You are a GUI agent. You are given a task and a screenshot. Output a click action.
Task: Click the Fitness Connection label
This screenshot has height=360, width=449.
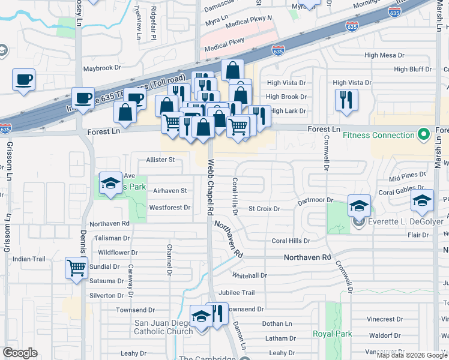click(379, 135)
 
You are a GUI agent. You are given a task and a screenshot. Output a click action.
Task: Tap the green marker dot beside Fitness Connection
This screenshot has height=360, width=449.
click(424, 134)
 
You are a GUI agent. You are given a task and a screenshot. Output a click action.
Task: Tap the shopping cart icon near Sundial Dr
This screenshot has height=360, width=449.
click(77, 268)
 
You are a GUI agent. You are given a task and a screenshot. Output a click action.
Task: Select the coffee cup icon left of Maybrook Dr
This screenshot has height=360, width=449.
click(23, 80)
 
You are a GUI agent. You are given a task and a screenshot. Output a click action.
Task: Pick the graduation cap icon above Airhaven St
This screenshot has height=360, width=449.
click(110, 185)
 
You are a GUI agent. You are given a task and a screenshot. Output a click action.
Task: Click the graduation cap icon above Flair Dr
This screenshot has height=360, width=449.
click(422, 201)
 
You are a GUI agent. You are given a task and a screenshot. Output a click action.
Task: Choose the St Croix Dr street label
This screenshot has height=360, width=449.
click(265, 209)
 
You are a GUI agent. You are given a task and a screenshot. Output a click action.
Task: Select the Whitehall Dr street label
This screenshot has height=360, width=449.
click(249, 275)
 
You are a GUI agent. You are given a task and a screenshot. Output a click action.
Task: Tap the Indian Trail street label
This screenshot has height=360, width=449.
click(29, 259)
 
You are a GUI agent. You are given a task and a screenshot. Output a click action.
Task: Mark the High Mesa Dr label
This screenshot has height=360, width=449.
click(384, 55)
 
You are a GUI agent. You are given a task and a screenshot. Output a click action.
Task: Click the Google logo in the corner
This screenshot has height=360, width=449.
click(20, 353)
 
